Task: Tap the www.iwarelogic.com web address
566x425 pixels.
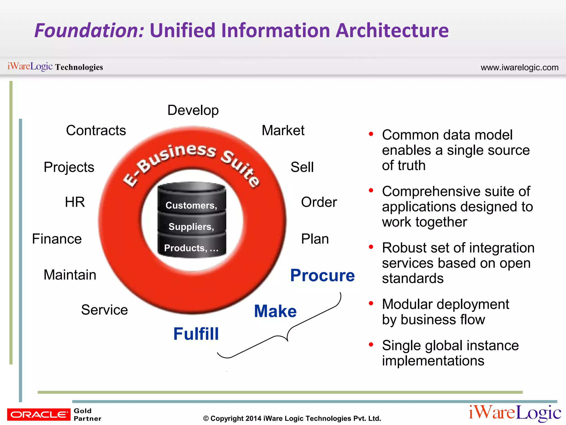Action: (x=519, y=68)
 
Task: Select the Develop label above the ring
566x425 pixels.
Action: (x=193, y=110)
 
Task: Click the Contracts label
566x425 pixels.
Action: (x=96, y=130)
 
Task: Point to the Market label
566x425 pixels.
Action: (x=283, y=130)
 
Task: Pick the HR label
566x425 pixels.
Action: (x=75, y=202)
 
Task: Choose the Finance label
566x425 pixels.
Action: (x=57, y=239)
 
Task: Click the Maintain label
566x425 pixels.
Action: (x=70, y=275)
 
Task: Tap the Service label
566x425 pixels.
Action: (x=104, y=310)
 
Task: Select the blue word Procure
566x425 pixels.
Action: (x=322, y=275)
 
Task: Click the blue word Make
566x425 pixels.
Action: (x=275, y=311)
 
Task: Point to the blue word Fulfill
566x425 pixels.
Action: (x=196, y=334)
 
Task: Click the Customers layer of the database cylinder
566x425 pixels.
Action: (x=191, y=205)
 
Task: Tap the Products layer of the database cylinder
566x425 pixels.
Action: (x=191, y=248)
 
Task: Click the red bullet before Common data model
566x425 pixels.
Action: (x=371, y=134)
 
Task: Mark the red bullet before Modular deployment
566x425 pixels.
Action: (x=371, y=304)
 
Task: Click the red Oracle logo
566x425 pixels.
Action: (x=39, y=414)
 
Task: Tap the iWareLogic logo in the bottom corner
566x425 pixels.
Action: (x=515, y=413)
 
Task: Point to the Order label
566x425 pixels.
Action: (x=319, y=202)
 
